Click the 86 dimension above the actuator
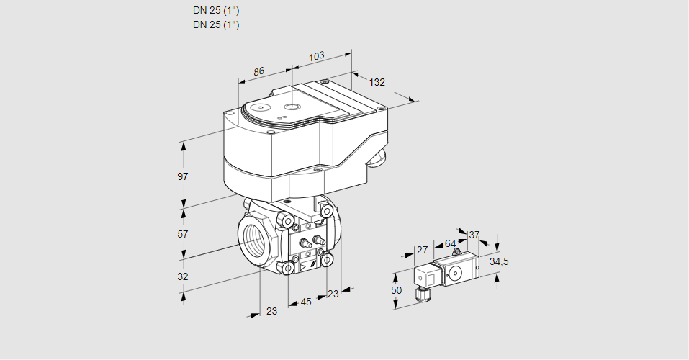(259, 71)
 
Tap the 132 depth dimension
(377, 82)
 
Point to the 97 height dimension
(183, 176)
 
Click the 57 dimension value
(183, 234)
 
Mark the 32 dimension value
(183, 276)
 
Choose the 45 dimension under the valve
(306, 302)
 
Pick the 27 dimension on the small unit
(423, 251)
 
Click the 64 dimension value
(450, 243)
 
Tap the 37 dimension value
(474, 235)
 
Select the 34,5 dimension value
(499, 261)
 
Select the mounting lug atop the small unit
(456, 253)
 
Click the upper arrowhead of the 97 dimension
(184, 146)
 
